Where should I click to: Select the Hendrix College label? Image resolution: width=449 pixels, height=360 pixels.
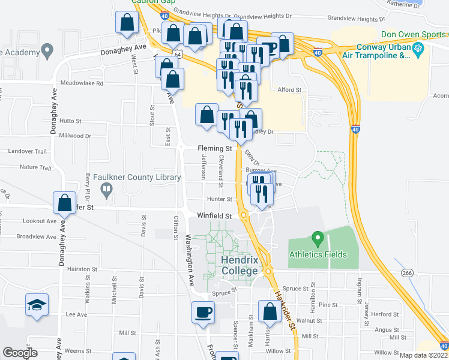point(239,266)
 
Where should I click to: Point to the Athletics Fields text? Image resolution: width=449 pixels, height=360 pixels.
point(318,254)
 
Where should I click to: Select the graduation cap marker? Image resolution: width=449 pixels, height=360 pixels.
point(37,305)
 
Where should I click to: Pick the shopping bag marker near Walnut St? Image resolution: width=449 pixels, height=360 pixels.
point(270,311)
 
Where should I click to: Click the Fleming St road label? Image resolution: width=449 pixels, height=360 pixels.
point(215,148)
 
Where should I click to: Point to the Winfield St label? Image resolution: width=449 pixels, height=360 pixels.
point(214,215)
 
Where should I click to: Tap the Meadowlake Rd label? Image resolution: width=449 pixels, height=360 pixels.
point(81,83)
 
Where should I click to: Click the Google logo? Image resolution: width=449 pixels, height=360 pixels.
point(20,353)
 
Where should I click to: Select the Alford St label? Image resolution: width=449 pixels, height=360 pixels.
point(289,89)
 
